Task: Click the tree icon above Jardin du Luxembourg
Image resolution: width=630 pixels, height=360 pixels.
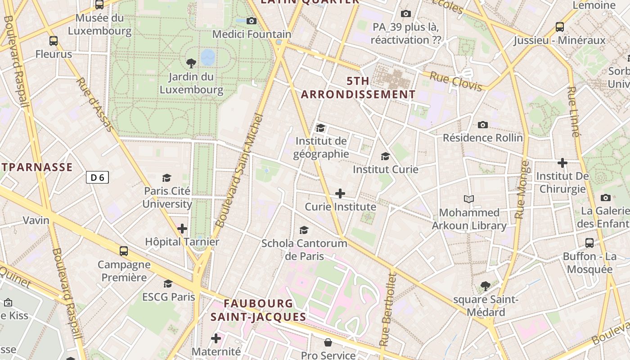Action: pos(191,63)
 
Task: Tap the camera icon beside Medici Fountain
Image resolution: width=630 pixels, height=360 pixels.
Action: pos(252,21)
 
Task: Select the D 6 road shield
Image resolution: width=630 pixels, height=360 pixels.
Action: pos(97,177)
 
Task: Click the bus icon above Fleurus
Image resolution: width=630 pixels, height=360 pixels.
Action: pos(54,41)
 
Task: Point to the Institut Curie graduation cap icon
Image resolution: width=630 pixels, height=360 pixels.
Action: pos(385,156)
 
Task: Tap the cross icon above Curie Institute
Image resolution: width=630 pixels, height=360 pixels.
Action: pos(340,193)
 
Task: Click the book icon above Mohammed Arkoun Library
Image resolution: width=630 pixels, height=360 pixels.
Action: pos(469,199)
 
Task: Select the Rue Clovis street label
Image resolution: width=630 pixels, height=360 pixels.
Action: pos(455,81)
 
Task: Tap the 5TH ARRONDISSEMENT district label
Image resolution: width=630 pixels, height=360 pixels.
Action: pos(358,88)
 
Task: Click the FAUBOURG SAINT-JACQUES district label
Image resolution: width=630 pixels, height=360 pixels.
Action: pos(258,310)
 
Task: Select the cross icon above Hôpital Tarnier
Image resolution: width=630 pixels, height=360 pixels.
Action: pos(182,229)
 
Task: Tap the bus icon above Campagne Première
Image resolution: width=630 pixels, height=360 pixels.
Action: pos(124,251)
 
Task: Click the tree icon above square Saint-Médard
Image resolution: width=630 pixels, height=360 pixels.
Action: pos(485,286)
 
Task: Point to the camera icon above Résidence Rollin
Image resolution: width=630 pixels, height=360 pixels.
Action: pos(483,125)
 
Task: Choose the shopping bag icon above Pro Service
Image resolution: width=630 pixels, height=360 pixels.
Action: pos(328,342)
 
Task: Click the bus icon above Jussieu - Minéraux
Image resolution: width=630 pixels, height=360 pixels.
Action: pos(560,27)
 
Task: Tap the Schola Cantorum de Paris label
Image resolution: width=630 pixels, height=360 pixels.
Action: pos(304,250)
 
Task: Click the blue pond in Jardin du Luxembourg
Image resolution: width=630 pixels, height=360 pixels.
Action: pos(208,57)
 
